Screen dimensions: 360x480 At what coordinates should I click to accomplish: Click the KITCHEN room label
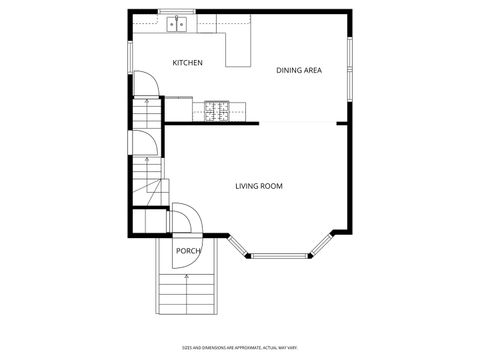(x=187, y=63)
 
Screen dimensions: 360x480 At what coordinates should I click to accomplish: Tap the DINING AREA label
(x=298, y=70)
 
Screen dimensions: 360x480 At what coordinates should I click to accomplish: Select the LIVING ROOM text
(x=259, y=186)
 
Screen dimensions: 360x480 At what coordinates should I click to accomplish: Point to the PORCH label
(x=188, y=251)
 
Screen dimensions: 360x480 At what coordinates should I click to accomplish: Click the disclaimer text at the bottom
(x=240, y=348)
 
